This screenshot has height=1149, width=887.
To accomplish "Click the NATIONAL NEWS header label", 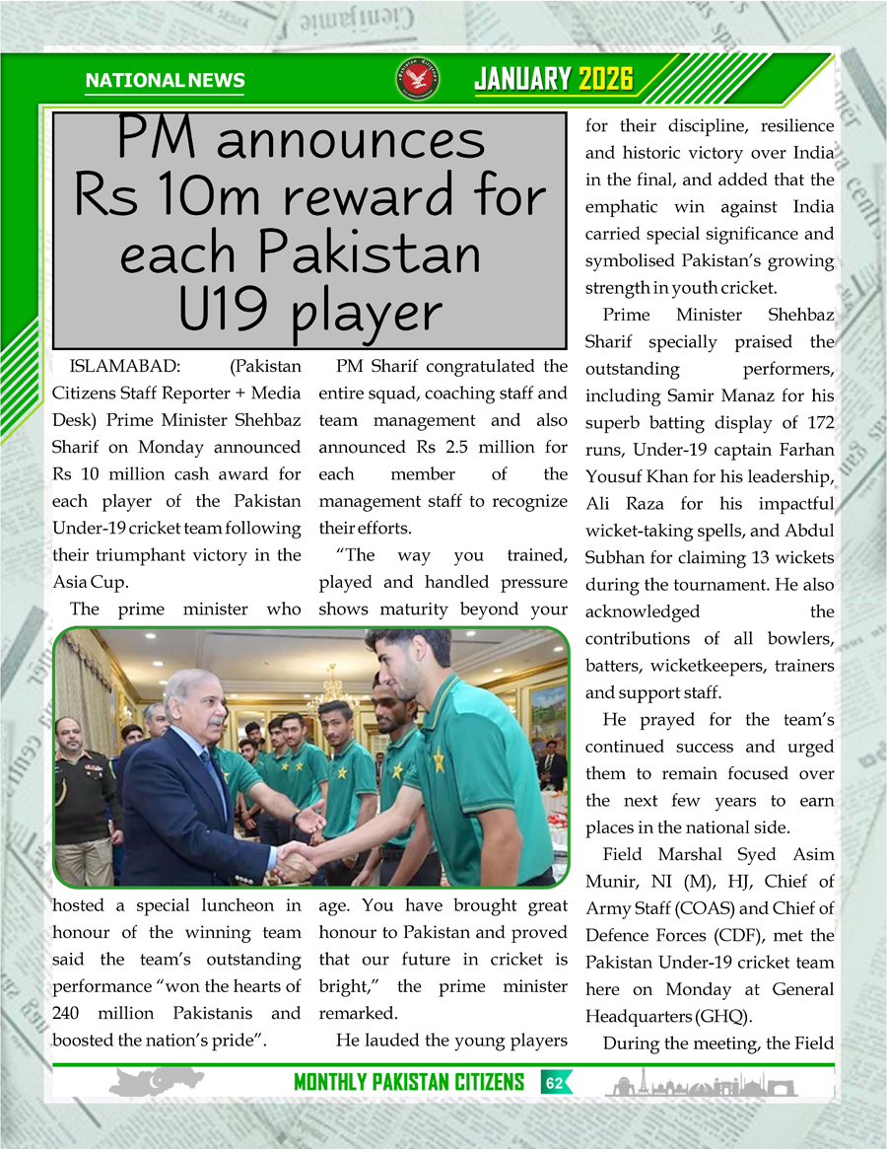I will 165,81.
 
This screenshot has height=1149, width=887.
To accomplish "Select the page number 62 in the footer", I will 555,1083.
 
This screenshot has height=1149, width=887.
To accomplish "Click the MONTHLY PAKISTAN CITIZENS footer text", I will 409,1083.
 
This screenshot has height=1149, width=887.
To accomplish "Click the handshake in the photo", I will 297,861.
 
